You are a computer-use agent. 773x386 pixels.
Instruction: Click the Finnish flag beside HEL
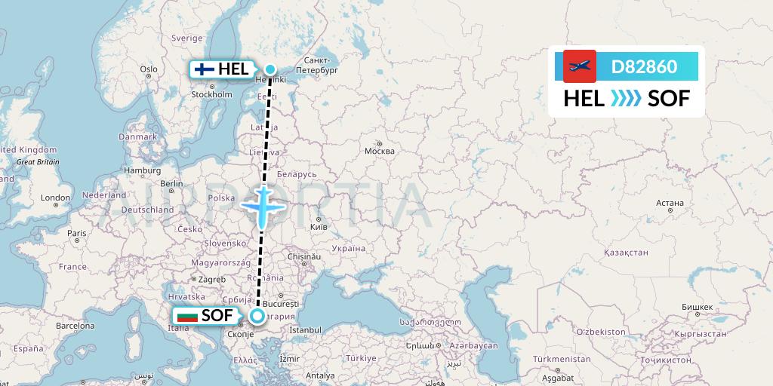point(204,69)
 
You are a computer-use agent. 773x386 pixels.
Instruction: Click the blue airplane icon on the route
point(261,204)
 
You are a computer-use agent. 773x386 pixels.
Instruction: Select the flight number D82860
point(644,66)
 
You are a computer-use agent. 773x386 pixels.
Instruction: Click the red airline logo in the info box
point(580,66)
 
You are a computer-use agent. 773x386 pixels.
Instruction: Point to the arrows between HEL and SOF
point(625,98)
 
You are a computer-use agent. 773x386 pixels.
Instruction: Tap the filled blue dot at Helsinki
point(269,69)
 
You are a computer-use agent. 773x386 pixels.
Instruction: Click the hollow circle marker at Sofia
point(257,316)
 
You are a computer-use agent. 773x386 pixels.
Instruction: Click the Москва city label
point(379,151)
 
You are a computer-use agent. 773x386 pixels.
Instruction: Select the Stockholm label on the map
point(211,94)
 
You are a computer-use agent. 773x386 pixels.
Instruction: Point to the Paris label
point(76,233)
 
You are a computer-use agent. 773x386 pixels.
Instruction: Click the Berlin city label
point(171,183)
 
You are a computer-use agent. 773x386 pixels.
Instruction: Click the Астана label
point(670,203)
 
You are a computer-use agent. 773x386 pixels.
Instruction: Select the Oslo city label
point(149,69)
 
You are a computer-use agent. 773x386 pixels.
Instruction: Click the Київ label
point(319,226)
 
